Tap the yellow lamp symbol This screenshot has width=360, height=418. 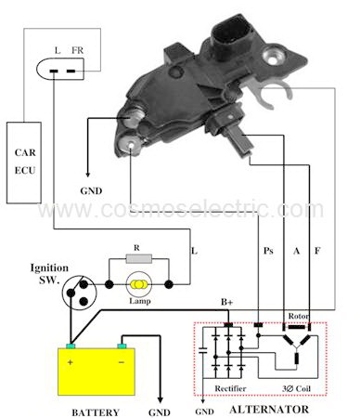(x=139, y=284)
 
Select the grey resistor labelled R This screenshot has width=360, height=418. (x=139, y=258)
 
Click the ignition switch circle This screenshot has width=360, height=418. (x=79, y=292)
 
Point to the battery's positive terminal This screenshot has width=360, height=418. (x=71, y=346)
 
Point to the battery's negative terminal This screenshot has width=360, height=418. (x=122, y=346)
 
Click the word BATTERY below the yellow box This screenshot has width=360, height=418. (x=96, y=412)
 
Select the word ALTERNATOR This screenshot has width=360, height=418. (x=269, y=410)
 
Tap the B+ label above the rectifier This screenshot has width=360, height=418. (x=227, y=302)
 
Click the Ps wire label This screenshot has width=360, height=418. (x=268, y=250)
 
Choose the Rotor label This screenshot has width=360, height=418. (x=299, y=316)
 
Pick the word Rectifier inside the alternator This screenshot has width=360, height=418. (x=230, y=388)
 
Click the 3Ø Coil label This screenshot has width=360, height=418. (x=296, y=388)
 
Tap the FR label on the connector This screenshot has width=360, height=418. (x=77, y=50)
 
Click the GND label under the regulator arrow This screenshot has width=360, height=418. (x=91, y=190)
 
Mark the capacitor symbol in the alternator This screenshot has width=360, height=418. (x=203, y=350)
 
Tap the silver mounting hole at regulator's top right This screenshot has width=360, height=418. (x=273, y=58)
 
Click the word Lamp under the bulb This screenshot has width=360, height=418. (x=140, y=301)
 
